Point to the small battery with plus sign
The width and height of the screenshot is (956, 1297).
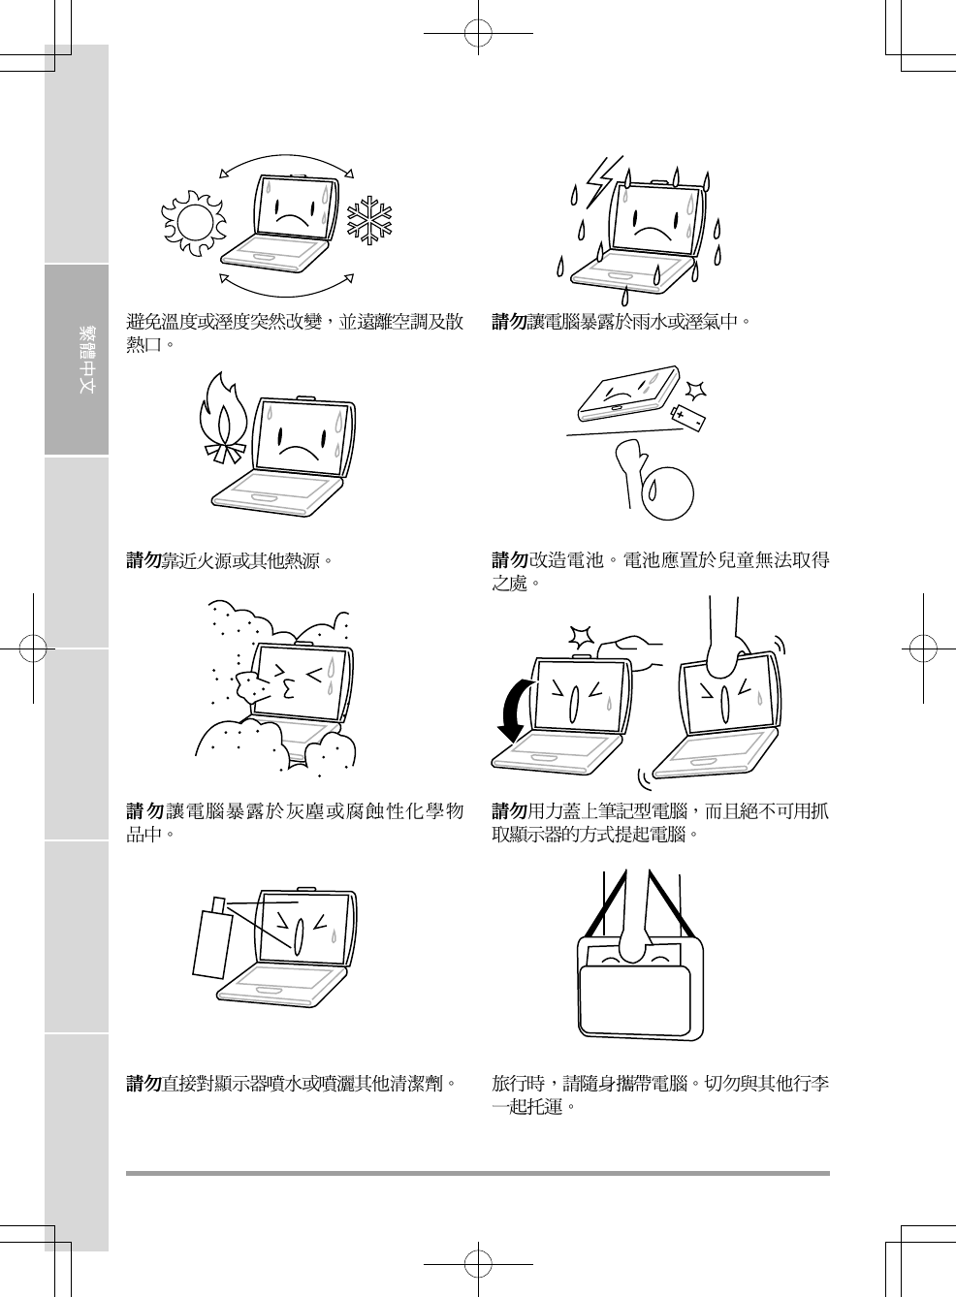pyautogui.click(x=689, y=416)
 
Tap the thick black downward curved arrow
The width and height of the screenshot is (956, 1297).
pyautogui.click(x=513, y=711)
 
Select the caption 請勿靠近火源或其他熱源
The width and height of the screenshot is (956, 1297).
pyautogui.click(x=230, y=560)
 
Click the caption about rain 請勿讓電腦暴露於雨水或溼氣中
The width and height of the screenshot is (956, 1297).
pyautogui.click(x=621, y=321)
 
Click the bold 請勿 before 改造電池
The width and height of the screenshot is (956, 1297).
pyautogui.click(x=509, y=560)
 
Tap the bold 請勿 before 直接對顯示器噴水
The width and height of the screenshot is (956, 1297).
pyautogui.click(x=143, y=1083)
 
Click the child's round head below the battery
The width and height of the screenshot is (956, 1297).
pyautogui.click(x=667, y=493)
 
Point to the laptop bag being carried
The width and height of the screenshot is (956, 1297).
pyautogui.click(x=640, y=989)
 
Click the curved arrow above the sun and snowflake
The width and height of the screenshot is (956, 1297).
pyautogui.click(x=287, y=160)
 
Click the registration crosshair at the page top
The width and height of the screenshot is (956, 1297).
pyautogui.click(x=477, y=34)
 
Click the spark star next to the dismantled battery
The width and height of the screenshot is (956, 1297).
pyautogui.click(x=695, y=391)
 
